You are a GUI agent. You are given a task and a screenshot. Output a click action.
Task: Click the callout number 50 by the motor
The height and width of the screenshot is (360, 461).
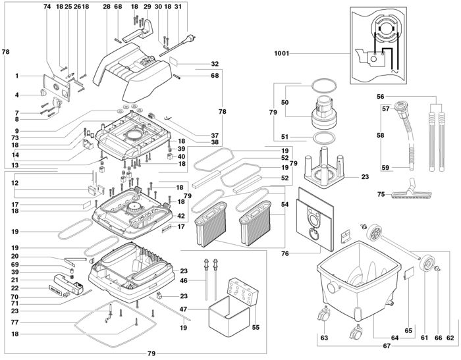285,103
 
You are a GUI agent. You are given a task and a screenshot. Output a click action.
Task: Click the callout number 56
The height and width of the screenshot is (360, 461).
380,96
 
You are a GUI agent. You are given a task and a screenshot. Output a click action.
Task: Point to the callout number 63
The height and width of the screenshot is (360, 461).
323,338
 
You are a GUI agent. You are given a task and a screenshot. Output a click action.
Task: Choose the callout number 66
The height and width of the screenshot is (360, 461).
438,338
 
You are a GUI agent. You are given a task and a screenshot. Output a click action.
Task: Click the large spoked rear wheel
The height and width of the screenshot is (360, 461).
377,234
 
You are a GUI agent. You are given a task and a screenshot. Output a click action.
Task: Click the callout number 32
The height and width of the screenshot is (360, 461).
215,64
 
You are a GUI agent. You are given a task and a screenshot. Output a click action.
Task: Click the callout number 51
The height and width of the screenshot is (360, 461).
285,137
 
